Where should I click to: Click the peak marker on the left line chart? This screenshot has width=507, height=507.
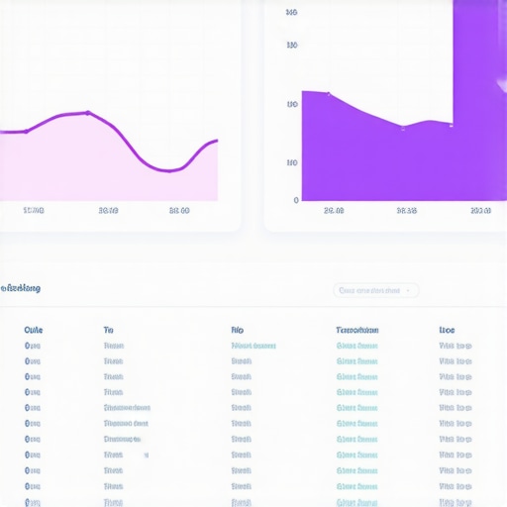point(87,113)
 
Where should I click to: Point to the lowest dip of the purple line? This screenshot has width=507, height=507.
point(170,170)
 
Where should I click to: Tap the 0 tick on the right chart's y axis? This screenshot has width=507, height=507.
point(295,200)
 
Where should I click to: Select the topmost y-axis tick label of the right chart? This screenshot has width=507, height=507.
point(291,13)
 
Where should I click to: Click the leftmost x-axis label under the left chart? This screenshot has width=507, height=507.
point(34,210)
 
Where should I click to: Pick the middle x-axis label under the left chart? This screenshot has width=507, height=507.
point(109,210)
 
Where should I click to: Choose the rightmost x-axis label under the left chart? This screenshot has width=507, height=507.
point(179,210)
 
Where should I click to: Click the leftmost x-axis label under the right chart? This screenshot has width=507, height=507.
point(334,210)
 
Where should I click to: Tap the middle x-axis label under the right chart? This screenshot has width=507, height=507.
point(406,210)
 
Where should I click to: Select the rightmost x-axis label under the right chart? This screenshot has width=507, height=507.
point(480,210)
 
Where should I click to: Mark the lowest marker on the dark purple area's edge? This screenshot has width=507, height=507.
point(403,127)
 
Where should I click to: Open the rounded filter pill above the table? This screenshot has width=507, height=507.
point(376,290)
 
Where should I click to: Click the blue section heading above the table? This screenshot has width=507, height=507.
point(21,288)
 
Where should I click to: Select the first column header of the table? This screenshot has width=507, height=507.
point(34,330)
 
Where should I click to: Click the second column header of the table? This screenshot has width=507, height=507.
point(108,330)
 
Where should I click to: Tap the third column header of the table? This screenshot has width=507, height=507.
point(237,330)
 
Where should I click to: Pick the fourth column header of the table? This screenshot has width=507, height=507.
point(356,330)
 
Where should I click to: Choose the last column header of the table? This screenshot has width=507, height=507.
point(447,330)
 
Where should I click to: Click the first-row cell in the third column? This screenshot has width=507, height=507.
point(253,346)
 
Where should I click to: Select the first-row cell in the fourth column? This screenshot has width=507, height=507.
point(356,346)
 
